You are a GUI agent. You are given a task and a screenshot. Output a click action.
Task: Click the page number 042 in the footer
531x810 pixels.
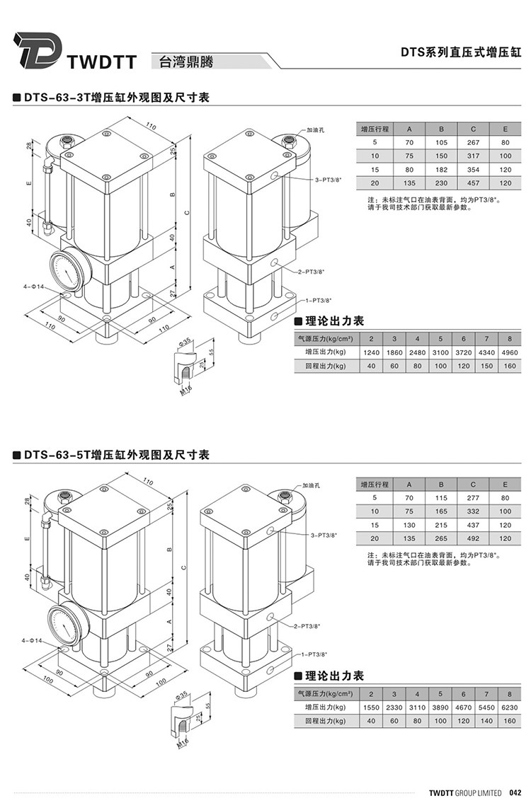pos(515,792)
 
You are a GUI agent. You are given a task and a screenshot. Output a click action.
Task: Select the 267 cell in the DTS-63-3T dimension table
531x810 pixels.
pos(474,142)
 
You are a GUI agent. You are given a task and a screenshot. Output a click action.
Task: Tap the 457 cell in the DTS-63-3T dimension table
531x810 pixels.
pos(474,183)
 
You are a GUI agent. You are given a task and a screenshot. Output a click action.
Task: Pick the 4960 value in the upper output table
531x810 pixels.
pos(509,352)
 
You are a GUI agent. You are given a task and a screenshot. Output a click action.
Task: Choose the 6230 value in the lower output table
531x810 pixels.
pos(509,707)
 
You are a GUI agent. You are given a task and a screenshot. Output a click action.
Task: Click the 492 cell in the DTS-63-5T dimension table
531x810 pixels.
pos(474,538)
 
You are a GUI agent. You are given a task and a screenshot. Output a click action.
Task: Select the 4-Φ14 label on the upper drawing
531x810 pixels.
pos(33,287)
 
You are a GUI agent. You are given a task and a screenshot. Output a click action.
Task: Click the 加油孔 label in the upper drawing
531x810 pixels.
pos(315,130)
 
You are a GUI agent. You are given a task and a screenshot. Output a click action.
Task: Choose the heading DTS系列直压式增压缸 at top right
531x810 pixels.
pos(461,52)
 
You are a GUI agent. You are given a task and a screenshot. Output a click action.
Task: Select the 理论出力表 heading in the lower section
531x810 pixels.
pos(334,676)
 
